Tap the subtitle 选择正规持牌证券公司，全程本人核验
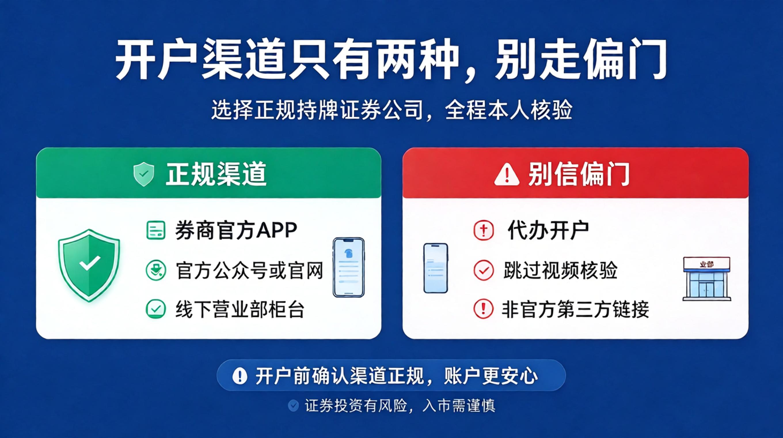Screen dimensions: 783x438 [392, 109]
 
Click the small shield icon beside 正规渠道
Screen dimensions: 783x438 [144, 174]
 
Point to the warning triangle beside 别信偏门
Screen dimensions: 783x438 [507, 174]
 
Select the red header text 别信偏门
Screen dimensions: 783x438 [579, 174]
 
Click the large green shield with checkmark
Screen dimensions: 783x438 [89, 265]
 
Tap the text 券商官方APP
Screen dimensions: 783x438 [236, 230]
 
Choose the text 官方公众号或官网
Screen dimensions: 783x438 [249, 270]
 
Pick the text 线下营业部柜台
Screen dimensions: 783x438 [240, 309]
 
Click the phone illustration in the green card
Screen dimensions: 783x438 [349, 267]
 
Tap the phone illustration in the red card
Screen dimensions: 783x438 [436, 268]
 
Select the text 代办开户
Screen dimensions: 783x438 [548, 230]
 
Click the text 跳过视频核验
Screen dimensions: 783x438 [560, 270]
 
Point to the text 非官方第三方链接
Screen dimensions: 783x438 [575, 309]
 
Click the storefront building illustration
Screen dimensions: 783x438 [707, 279]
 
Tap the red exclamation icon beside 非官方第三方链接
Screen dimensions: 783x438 [483, 309]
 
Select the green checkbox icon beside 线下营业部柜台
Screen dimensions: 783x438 [156, 309]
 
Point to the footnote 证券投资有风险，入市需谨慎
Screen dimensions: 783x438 [400, 405]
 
